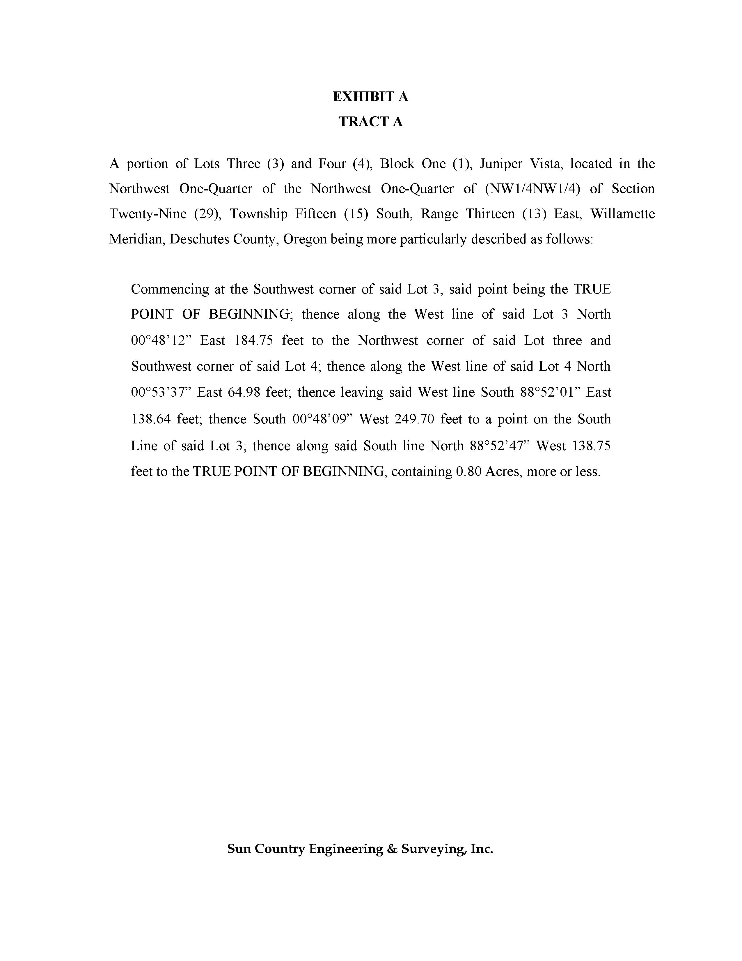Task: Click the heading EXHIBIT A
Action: coord(370,96)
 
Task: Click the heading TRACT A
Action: coord(370,121)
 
